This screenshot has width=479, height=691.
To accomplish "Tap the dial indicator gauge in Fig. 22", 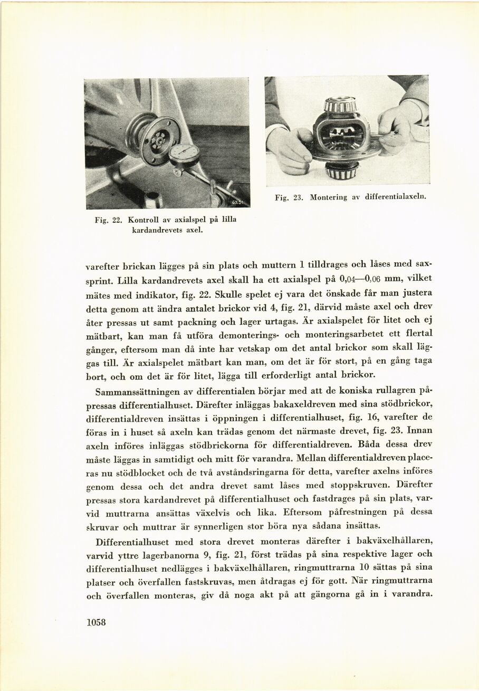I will click(184, 155).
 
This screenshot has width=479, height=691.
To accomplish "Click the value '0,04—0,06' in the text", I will click(358, 278).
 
